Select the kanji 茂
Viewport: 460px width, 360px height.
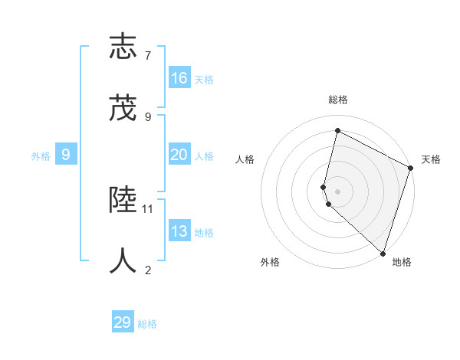pos(123,109)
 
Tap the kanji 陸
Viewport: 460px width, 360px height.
pos(123,200)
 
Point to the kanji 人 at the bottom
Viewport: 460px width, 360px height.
pos(123,261)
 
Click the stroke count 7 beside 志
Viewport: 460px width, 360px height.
pos(148,55)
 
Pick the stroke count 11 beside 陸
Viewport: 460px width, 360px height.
pos(148,208)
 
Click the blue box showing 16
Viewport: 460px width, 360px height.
pos(179,78)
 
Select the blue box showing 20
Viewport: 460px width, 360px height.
pos(179,155)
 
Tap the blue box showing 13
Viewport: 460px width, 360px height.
pos(179,231)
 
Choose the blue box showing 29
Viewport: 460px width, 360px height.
pos(123,322)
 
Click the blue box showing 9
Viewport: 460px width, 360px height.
pos(66,155)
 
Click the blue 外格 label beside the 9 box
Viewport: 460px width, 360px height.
pos(41,155)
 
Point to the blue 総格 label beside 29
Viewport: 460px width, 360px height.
pos(147,324)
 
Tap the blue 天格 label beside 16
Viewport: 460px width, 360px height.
pos(204,80)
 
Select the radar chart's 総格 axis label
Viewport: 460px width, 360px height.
pos(338,100)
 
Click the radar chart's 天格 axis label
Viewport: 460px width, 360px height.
pos(431,159)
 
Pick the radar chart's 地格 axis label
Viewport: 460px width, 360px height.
pos(402,262)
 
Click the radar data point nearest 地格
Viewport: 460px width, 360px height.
pos(383,253)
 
